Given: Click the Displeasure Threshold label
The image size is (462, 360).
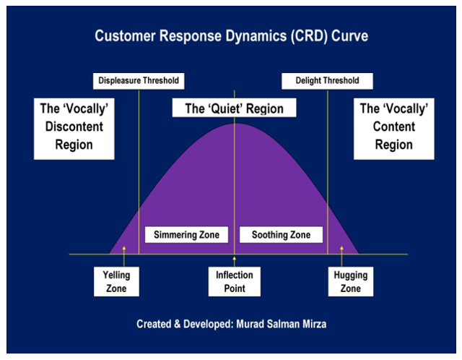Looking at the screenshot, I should coord(137,80).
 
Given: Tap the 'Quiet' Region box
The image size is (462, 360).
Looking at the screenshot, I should coord(235,109).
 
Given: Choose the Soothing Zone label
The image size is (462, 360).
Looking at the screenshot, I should coord(281,235).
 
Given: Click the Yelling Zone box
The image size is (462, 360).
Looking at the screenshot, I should coord(116,282).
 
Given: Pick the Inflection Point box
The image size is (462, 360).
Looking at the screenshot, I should coord(235,282).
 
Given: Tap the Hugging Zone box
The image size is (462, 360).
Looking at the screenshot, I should coord(350,282).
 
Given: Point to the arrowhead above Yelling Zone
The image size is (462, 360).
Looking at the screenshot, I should coord(123,249).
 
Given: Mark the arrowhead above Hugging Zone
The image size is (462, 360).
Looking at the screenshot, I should coord(342,249).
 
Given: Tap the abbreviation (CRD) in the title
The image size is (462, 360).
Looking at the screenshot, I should coord(302,34).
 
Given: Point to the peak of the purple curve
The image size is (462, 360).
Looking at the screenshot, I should coord(234,124).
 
